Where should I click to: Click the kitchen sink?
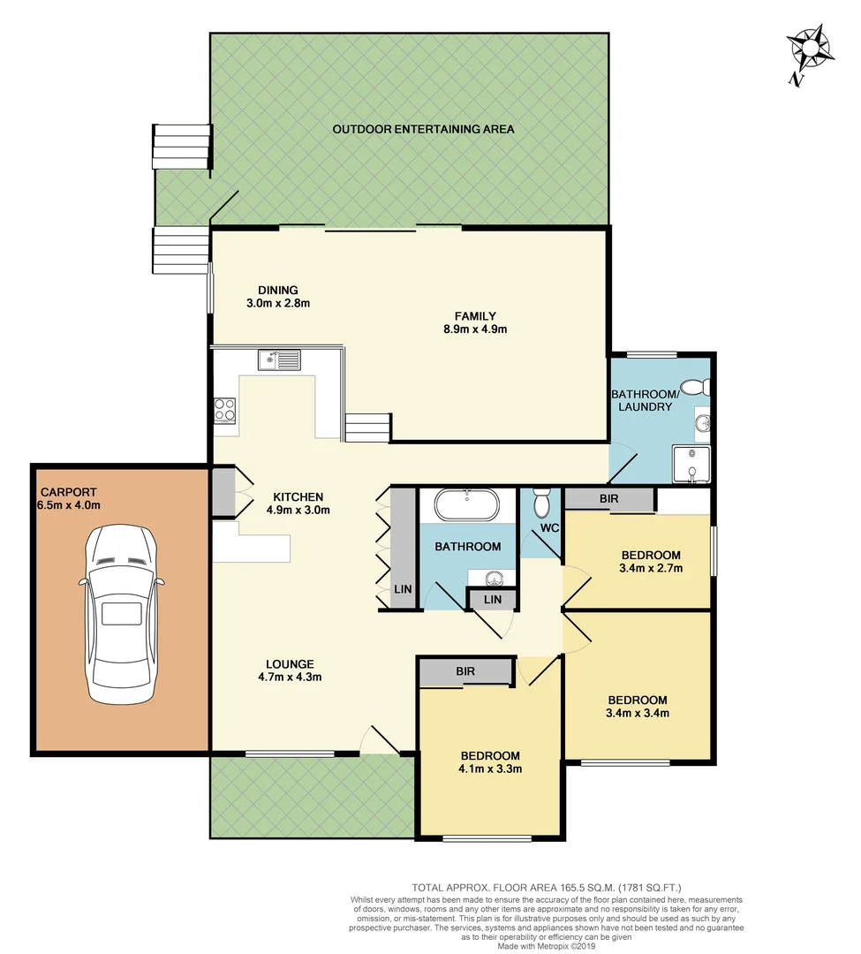(x=279, y=360)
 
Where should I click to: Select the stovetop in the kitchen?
(x=225, y=410)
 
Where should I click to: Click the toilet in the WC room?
(x=542, y=503)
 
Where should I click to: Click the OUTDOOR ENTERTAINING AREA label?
(x=423, y=129)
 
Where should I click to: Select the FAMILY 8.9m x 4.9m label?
(x=475, y=322)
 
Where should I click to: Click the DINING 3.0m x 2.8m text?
(x=278, y=296)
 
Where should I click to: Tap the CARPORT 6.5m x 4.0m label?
(x=69, y=498)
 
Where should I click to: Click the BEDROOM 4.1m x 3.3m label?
(x=490, y=761)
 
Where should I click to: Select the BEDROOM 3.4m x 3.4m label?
(x=637, y=706)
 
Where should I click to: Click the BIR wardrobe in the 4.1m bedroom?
(x=465, y=672)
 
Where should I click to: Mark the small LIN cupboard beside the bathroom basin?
(x=493, y=601)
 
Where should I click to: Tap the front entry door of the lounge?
(x=381, y=742)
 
